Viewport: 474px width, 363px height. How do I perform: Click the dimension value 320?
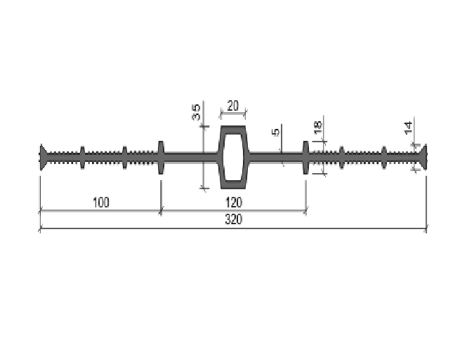click(233, 219)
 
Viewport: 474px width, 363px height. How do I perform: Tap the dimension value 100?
click(100, 203)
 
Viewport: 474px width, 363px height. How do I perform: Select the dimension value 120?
click(233, 203)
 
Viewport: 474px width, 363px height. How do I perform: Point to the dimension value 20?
click(232, 106)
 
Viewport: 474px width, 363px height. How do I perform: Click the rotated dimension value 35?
click(196, 112)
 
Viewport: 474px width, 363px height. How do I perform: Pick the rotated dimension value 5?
click(276, 132)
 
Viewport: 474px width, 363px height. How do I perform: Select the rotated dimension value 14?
click(409, 128)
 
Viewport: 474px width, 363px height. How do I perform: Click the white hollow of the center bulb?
click(232, 157)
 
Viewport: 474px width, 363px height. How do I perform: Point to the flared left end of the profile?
click(43, 157)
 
